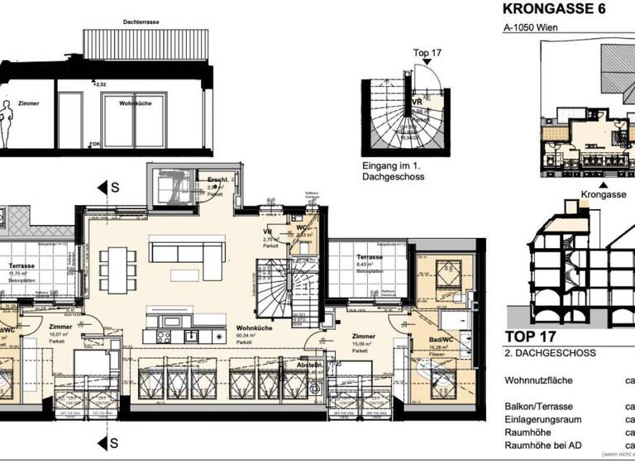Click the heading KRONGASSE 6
554,10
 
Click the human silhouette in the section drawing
7,123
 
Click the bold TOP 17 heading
528,337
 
